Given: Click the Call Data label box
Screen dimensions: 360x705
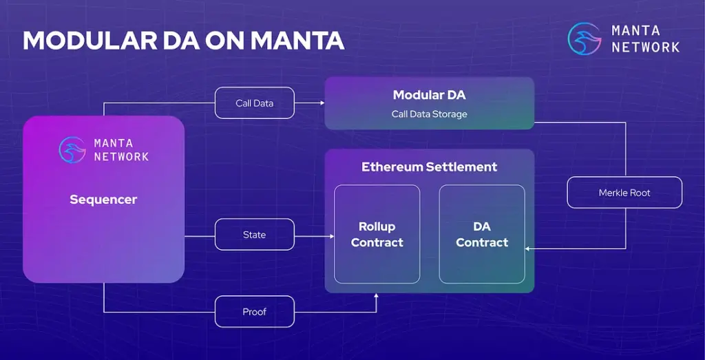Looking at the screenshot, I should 255,103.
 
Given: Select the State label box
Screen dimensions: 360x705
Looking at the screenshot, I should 254,235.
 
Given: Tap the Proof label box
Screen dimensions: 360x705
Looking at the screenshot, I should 254,312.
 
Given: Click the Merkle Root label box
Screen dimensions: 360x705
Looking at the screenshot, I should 624,193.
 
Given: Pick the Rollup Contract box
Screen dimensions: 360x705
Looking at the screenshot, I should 377,234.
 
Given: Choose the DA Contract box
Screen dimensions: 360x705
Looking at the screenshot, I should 482,234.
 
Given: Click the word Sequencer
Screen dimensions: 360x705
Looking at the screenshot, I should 103,200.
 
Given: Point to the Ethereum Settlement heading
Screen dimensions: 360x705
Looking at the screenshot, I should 429,167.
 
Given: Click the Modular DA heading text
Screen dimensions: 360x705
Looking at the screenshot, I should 429,95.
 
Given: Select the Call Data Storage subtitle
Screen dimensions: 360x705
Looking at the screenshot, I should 429,114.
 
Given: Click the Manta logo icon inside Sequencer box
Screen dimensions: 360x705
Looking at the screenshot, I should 72,149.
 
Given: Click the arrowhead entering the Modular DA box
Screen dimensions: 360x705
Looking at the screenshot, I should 321,103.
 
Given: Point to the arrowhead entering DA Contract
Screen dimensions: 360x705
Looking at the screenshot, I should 528,248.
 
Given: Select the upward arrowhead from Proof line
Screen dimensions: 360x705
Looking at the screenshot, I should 377,297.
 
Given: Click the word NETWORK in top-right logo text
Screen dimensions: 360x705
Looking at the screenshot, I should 645,47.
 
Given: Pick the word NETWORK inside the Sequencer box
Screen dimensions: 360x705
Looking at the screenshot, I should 121,156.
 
